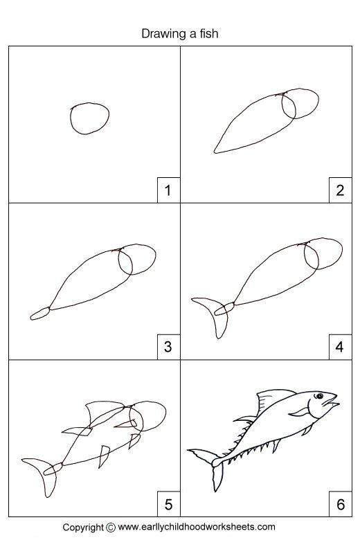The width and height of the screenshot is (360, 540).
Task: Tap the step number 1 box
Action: point(168,190)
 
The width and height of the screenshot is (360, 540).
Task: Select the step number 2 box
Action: point(339,190)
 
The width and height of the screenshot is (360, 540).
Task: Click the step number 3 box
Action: point(168,346)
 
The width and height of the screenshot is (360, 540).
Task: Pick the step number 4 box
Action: point(339,346)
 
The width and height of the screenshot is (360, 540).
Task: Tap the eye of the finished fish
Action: point(320,397)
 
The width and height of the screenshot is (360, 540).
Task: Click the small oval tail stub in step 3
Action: point(40,313)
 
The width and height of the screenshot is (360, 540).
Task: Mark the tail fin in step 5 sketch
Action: point(42,474)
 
